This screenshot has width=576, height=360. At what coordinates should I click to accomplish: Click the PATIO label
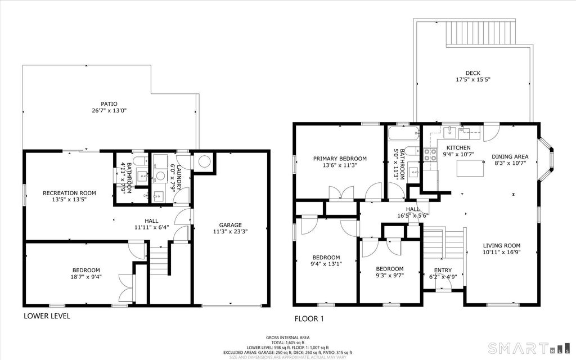(x=109, y=104)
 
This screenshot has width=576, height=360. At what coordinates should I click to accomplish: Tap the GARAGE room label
(x=230, y=225)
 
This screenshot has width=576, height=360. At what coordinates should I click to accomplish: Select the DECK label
(x=472, y=73)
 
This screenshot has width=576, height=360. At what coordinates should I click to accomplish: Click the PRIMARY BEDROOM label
(x=340, y=159)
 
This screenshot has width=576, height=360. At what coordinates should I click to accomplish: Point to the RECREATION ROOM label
(x=69, y=193)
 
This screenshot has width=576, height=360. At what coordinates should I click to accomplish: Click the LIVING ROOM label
(x=501, y=246)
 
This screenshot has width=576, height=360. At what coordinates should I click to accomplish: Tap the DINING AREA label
(x=510, y=157)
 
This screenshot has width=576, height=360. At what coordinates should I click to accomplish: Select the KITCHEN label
(x=458, y=148)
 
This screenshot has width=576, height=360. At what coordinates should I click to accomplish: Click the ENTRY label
(x=443, y=271)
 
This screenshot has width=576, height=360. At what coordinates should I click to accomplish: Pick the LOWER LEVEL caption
(x=47, y=316)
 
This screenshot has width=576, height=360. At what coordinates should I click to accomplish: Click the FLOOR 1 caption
(x=309, y=319)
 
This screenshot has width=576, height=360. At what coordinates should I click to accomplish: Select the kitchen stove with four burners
(x=430, y=155)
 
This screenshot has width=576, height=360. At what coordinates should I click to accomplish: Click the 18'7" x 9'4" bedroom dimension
(x=86, y=277)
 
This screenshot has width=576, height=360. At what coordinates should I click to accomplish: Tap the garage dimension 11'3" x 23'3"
(x=230, y=231)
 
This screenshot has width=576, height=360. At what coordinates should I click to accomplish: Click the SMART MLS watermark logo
(x=528, y=348)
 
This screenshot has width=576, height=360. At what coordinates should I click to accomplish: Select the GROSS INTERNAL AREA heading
(x=287, y=337)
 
